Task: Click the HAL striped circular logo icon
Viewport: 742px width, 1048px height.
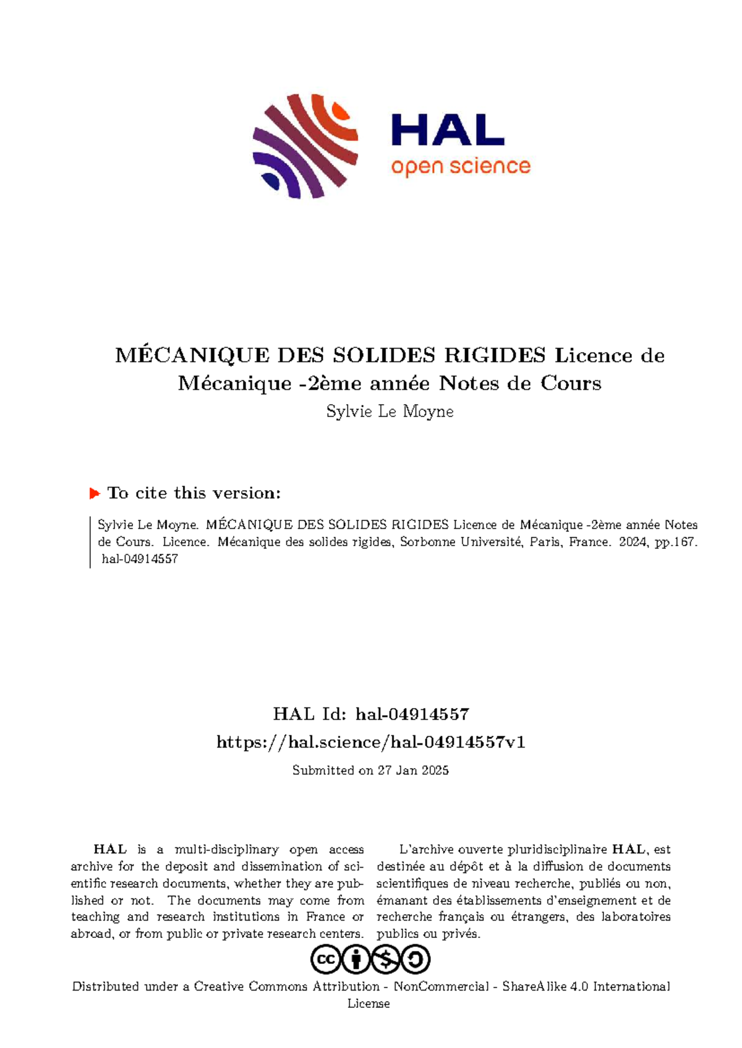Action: [x=305, y=146]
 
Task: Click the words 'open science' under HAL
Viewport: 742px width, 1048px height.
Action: [x=461, y=167]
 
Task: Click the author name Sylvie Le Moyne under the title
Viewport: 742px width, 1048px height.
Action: [x=390, y=412]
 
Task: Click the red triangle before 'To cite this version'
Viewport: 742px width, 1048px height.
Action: [x=95, y=493]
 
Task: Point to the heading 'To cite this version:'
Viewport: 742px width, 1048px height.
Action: [x=194, y=493]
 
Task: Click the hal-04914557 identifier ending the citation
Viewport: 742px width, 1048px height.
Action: [x=140, y=559]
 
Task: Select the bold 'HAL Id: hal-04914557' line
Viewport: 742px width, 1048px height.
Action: [x=371, y=714]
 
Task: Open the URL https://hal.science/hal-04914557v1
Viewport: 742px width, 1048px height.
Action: [x=371, y=742]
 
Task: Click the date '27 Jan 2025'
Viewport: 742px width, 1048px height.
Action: [x=412, y=771]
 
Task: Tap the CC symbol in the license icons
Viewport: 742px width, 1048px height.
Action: [x=325, y=960]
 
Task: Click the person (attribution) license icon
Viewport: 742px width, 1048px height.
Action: [x=356, y=960]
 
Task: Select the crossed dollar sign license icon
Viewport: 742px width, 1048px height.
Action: [x=385, y=960]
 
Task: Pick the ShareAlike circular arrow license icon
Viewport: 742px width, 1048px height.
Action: [x=416, y=960]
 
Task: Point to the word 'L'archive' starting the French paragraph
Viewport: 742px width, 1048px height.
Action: [x=426, y=850]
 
